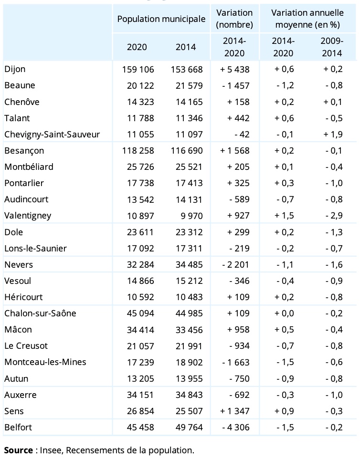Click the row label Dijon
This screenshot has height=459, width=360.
[15, 69]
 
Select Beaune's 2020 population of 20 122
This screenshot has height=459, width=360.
[140, 86]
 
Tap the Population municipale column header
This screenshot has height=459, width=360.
[161, 19]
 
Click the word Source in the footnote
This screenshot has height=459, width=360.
[19, 450]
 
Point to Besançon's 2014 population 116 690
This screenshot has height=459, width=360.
[187, 151]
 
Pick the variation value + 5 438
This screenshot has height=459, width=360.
[234, 69]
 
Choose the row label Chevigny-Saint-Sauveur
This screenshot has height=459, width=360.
[52, 135]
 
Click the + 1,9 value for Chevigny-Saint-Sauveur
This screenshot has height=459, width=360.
[333, 135]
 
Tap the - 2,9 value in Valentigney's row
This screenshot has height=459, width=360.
[334, 216]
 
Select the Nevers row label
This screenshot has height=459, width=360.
[19, 265]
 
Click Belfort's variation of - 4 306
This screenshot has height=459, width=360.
[236, 428]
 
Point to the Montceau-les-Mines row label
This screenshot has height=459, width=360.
[45, 362]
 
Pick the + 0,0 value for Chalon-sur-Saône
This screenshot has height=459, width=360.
[284, 313]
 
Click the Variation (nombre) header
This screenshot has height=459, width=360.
[234, 19]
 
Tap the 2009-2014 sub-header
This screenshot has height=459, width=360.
[332, 47]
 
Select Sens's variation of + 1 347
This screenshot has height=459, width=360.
[234, 411]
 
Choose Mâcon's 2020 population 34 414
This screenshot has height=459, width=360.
[140, 330]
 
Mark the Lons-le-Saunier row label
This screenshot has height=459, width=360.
[35, 249]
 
